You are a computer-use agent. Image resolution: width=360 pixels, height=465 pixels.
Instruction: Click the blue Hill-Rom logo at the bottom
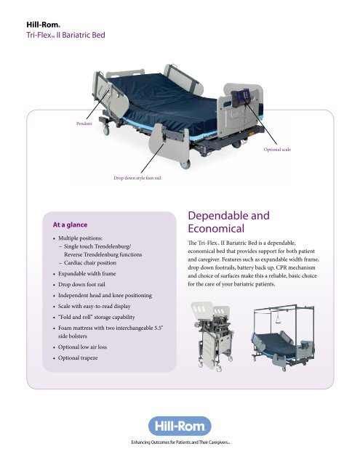click(x=180, y=426)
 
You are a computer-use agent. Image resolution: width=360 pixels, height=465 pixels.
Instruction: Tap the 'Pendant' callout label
click(x=84, y=124)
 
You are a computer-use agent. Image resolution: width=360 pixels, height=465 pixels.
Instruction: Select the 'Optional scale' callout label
click(x=277, y=150)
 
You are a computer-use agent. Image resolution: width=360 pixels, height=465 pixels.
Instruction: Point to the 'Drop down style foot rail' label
click(x=137, y=178)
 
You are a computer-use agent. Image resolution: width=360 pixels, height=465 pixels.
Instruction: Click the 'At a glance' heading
click(x=70, y=225)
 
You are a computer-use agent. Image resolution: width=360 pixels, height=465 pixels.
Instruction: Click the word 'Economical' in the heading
click(x=216, y=228)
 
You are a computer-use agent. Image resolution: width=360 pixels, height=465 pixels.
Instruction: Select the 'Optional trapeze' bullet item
click(x=78, y=357)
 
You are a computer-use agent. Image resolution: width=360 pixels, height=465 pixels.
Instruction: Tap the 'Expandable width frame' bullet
click(x=87, y=273)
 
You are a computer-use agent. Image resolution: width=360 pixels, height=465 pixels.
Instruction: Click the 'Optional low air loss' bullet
click(x=82, y=347)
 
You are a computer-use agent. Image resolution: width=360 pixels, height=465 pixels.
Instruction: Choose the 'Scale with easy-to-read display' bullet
click(x=94, y=306)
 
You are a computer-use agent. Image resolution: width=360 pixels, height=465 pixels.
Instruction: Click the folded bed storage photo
click(x=212, y=336)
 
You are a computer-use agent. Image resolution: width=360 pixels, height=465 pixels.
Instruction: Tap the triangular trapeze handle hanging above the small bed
click(x=279, y=320)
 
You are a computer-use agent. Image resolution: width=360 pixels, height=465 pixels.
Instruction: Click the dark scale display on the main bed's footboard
click(x=242, y=98)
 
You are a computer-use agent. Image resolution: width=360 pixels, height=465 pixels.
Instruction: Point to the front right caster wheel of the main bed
click(x=185, y=164)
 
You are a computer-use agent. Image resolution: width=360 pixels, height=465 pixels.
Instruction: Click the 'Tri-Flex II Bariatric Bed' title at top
click(x=65, y=35)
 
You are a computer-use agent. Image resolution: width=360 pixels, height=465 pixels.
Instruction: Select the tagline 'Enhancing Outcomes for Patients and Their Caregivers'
click(x=180, y=442)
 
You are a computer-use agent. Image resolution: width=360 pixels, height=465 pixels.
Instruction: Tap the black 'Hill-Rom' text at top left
click(x=44, y=25)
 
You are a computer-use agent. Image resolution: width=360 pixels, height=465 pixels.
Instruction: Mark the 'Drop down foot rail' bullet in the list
click(x=81, y=284)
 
